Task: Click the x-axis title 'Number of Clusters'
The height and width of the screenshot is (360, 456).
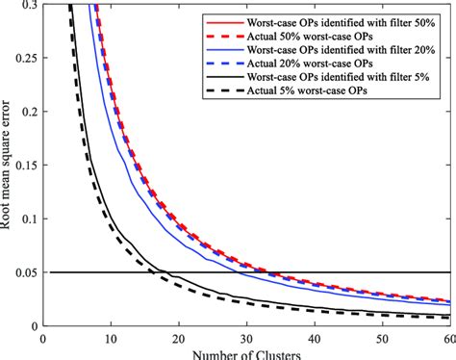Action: coord(244,352)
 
